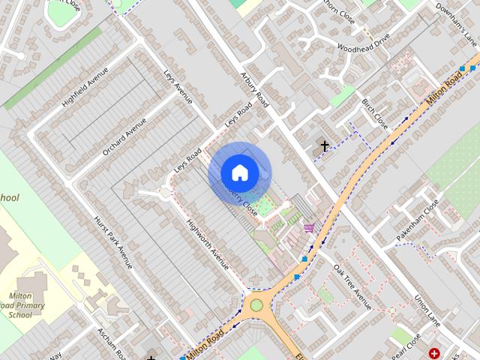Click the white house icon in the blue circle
tap(239, 172)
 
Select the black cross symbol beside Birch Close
tap(325, 145)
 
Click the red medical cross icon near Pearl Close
tap(434, 352)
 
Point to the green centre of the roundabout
tap(257, 304)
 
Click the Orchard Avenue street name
tap(125, 138)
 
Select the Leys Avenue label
tap(178, 87)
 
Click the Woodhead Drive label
tap(364, 46)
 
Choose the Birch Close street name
tap(375, 112)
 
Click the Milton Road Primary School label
tap(26, 305)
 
